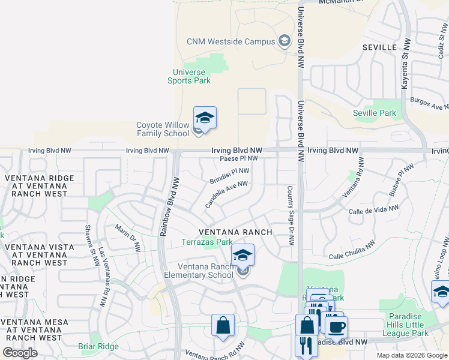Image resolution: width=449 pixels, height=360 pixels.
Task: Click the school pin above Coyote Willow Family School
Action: [x=205, y=118]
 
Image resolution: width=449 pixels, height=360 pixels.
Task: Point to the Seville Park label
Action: [x=375, y=113]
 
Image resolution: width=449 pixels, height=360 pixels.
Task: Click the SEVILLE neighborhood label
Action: [x=379, y=47]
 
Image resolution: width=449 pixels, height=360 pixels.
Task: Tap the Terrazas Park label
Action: [x=207, y=242]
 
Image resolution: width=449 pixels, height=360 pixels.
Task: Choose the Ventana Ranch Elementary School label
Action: [x=205, y=271]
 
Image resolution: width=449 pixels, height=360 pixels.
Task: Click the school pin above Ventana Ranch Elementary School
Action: [x=243, y=256]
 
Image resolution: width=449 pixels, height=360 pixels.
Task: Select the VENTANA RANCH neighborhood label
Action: [x=236, y=232]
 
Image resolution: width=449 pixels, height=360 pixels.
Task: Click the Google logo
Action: [x=20, y=353]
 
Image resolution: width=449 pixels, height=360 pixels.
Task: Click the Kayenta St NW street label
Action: [x=405, y=66]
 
